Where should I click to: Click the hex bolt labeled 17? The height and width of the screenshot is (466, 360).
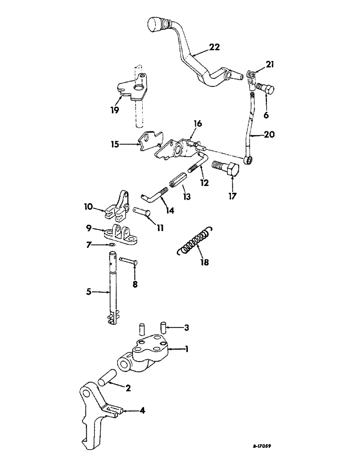click(225, 169)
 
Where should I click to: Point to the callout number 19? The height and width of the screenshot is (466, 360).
click(115, 110)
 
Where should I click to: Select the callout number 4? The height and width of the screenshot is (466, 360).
click(140, 411)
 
